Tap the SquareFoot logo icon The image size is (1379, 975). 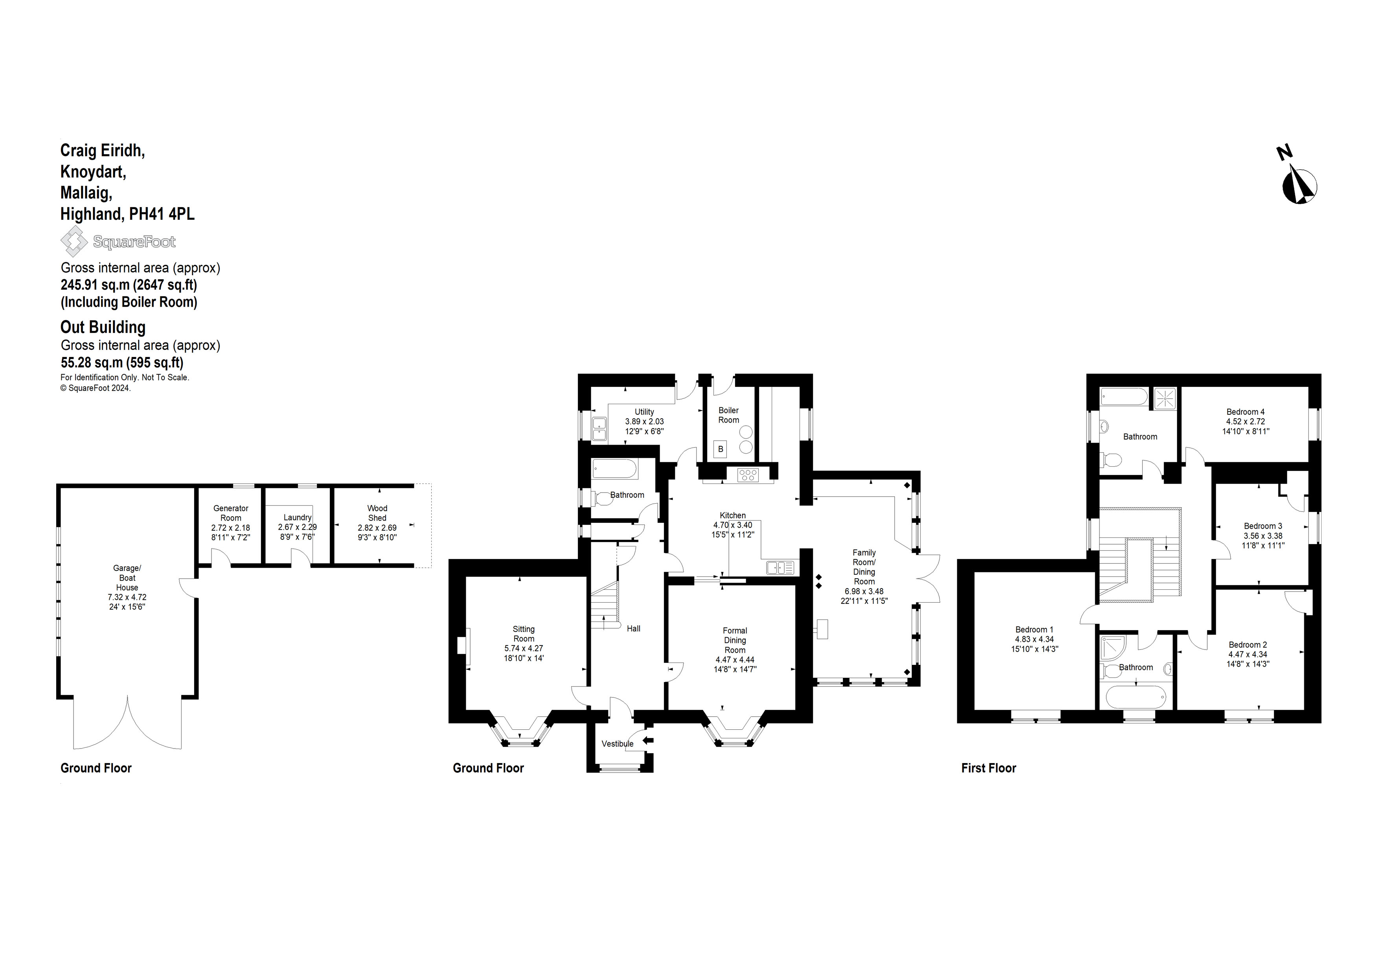74,241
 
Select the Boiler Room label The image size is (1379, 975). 728,415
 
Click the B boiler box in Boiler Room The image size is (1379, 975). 721,449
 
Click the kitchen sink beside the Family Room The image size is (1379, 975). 780,567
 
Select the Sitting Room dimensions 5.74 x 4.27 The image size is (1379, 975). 523,648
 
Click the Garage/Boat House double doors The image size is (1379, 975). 127,724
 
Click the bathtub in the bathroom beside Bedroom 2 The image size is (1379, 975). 1136,697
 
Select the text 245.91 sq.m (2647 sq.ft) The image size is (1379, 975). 129,285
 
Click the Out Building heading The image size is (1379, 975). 103,327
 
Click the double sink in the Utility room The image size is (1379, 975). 599,428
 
